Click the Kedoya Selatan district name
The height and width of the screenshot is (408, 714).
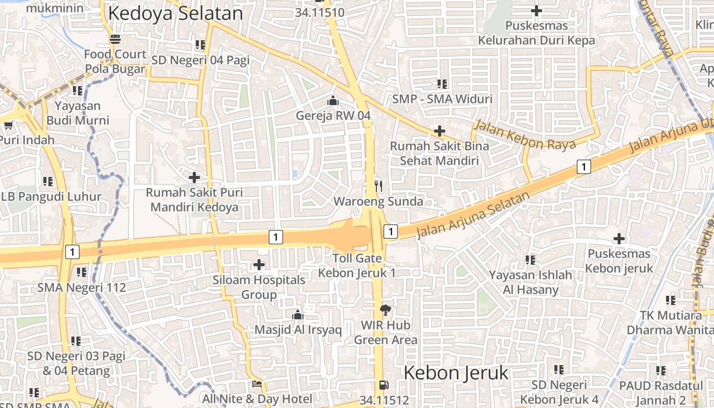[x=175, y=14]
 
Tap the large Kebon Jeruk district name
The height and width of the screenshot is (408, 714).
[x=456, y=373]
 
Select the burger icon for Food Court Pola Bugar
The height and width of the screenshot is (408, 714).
[x=115, y=39]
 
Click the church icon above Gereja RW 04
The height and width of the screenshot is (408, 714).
[x=333, y=100]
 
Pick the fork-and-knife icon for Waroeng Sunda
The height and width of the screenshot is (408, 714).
[x=378, y=186]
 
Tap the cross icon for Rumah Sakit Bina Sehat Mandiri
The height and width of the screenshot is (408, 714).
[x=439, y=131]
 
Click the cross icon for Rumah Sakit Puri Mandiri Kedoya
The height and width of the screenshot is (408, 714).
[x=194, y=177]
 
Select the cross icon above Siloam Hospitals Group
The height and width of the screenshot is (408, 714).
[x=259, y=265]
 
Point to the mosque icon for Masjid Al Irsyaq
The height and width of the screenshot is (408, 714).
[x=298, y=315]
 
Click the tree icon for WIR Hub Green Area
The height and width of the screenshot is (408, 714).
[x=386, y=310]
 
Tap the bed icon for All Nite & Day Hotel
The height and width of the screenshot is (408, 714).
[x=257, y=384]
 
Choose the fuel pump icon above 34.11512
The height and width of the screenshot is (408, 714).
[x=384, y=385]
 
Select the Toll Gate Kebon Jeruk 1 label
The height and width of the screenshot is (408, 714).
[x=357, y=266]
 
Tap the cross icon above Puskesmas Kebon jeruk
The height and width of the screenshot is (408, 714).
[x=619, y=238]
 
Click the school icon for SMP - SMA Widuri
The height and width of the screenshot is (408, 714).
[x=442, y=84]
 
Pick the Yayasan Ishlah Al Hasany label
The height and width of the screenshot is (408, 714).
[x=530, y=283]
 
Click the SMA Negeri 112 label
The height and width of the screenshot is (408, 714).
[x=82, y=288]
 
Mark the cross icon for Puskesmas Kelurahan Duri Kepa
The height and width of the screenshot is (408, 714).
[x=536, y=10]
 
